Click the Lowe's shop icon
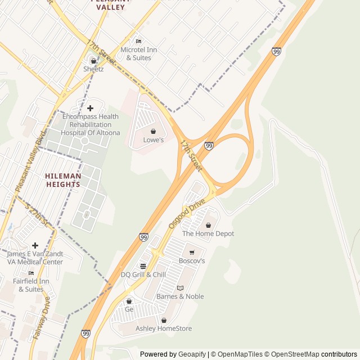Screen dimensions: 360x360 tap(153, 131)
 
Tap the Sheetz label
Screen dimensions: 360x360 tap(93, 69)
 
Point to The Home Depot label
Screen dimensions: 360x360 tap(208, 233)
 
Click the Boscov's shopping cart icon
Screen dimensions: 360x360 tap(192, 253)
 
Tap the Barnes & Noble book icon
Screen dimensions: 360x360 tap(180, 288)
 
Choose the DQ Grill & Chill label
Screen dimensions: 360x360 tap(143, 274)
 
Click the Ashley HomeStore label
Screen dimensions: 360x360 tap(164, 328)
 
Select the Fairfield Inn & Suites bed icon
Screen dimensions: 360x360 tap(31, 273)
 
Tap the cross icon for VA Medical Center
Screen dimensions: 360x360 tap(35, 245)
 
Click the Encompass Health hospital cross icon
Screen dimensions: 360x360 tap(90, 107)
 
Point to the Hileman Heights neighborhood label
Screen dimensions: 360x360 tap(63, 180)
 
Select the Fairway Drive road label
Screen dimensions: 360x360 tap(42, 318)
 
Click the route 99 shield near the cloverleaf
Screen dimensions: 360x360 tap(209, 146)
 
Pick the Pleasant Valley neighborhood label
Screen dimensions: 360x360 tap(110, 4)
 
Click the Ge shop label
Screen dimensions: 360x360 tap(129, 309)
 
